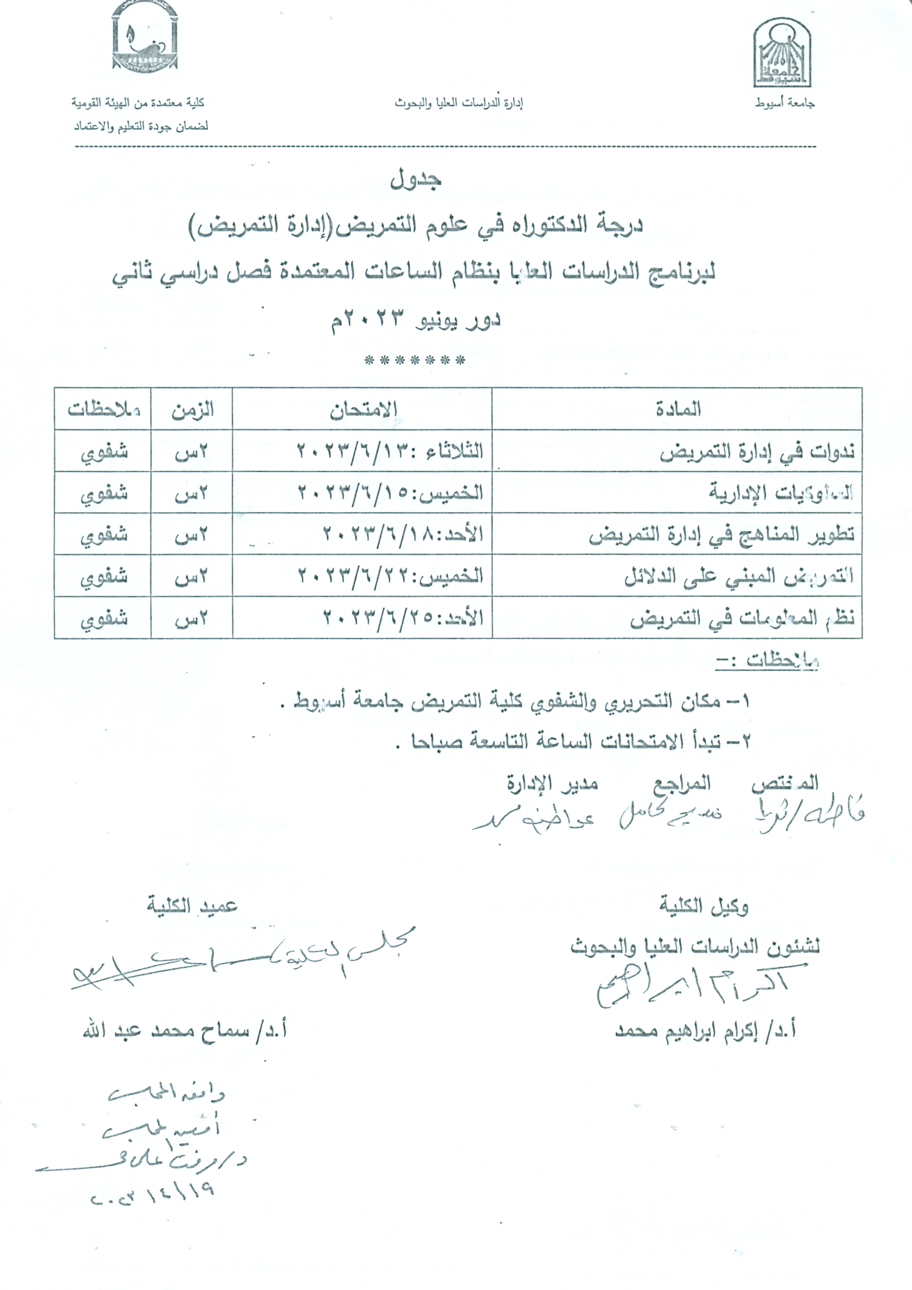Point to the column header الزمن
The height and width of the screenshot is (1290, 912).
pyautogui.click(x=192, y=410)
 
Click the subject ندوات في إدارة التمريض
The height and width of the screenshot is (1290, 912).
pyautogui.click(x=757, y=451)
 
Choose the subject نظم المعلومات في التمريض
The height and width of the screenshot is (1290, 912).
pyautogui.click(x=742, y=618)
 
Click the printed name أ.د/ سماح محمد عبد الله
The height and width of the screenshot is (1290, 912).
pyautogui.click(x=185, y=1032)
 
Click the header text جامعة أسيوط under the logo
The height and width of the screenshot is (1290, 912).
pyautogui.click(x=784, y=104)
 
